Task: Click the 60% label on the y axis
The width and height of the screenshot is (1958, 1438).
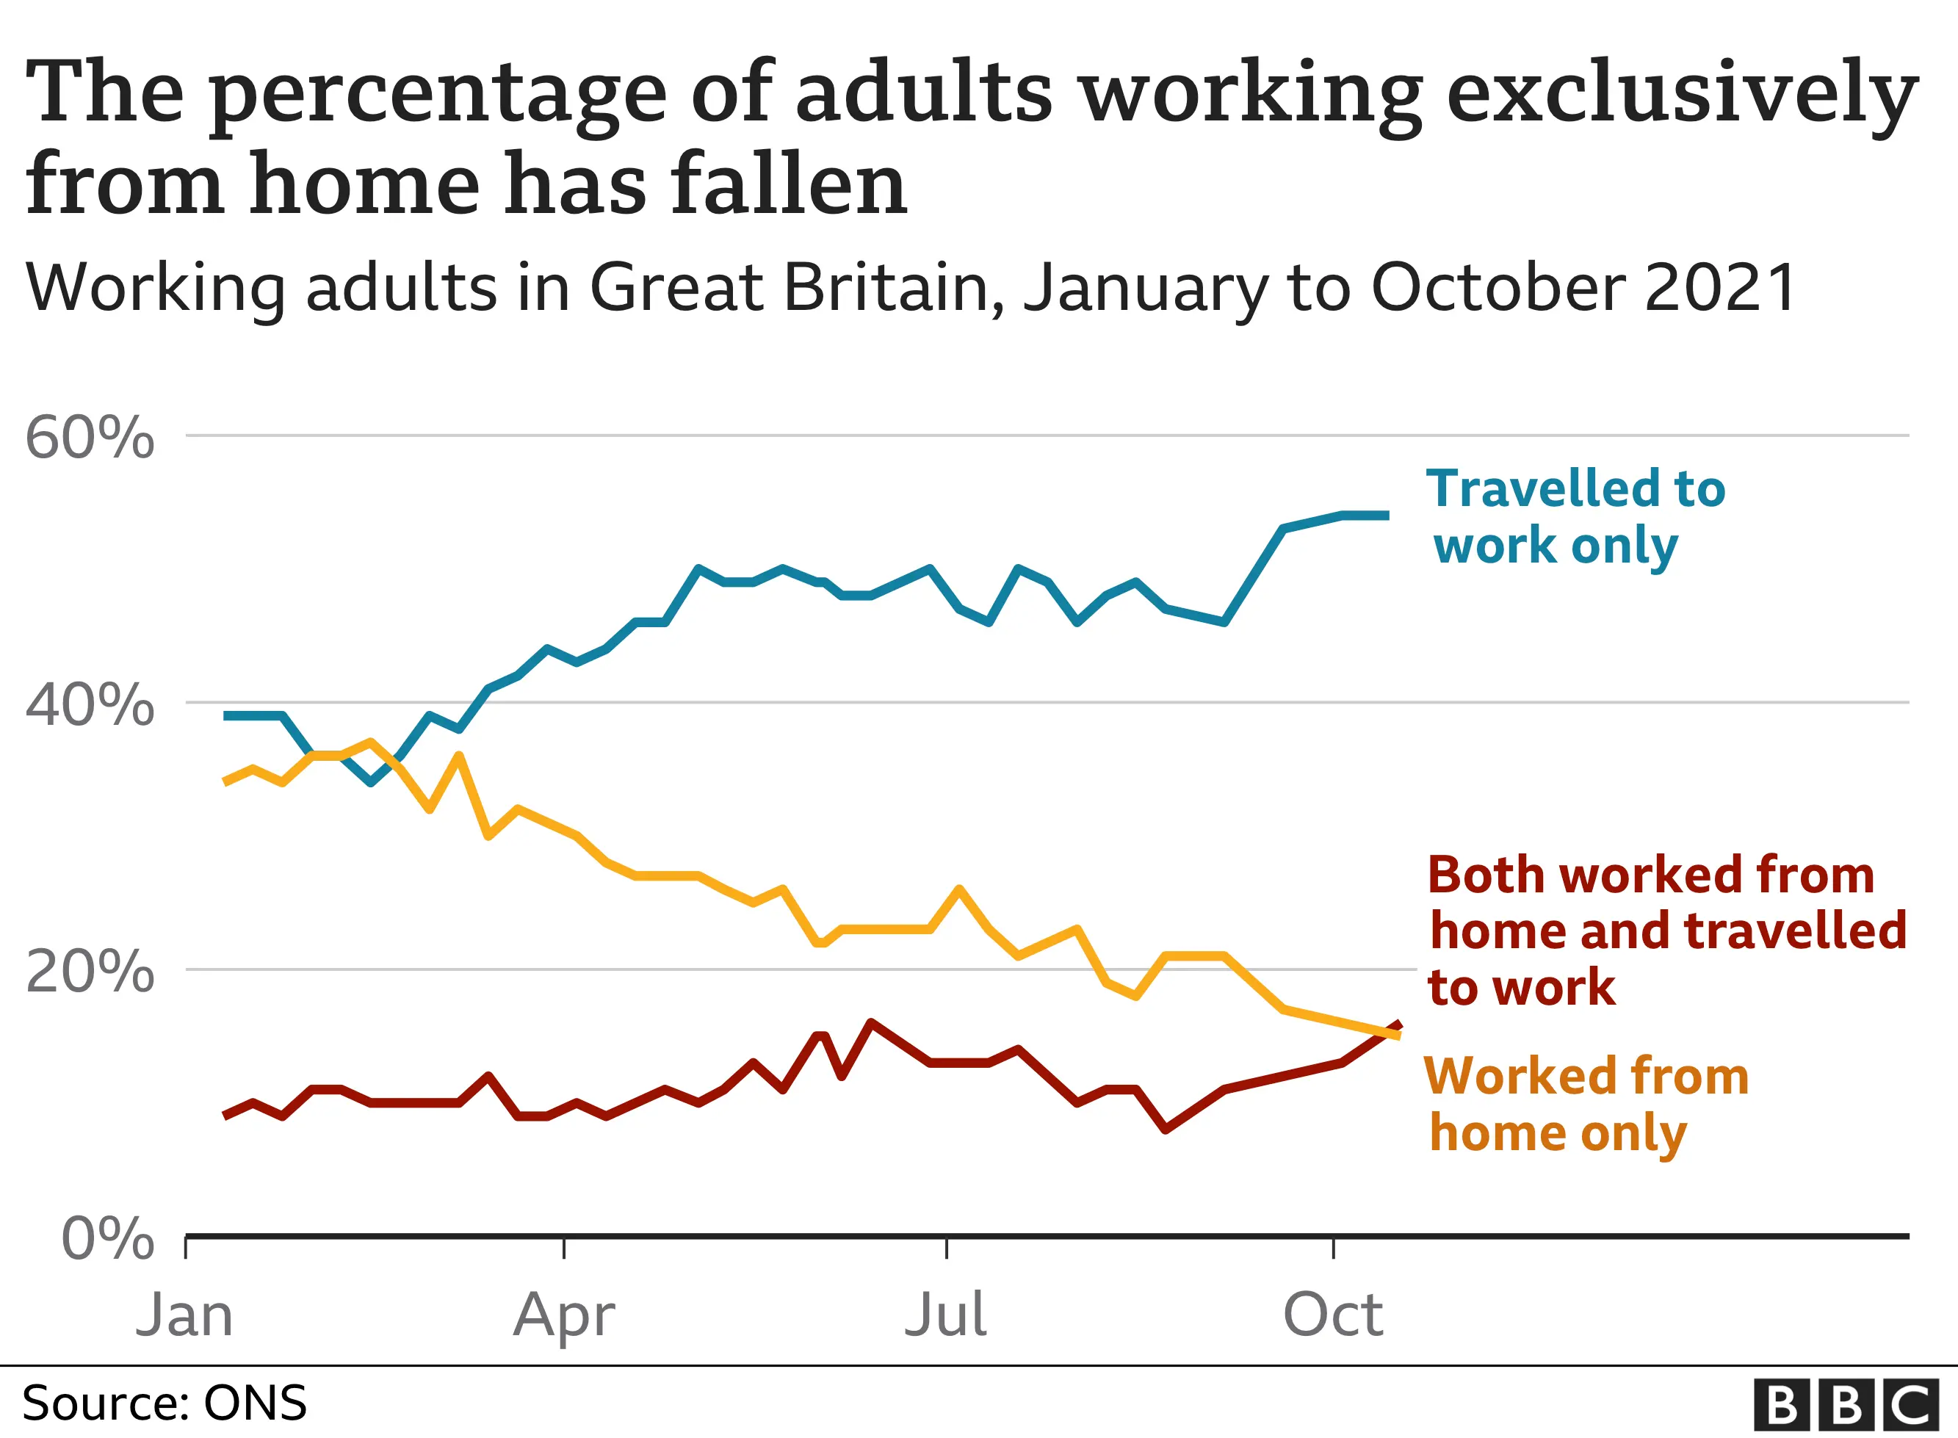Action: click(90, 437)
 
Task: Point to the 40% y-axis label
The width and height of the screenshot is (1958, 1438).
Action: click(90, 704)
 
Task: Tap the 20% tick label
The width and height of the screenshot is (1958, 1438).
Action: click(90, 972)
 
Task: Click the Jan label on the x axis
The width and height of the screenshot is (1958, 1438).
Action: click(184, 1315)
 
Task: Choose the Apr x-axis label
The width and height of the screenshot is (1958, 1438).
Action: click(564, 1315)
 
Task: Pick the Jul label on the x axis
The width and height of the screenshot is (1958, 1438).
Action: click(946, 1315)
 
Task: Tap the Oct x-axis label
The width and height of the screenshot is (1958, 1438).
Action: click(1332, 1315)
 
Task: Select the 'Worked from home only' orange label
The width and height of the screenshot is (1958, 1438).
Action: click(1586, 1104)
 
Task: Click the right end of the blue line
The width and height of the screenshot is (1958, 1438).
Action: click(1387, 516)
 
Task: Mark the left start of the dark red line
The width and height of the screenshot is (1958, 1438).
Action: click(226, 1115)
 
